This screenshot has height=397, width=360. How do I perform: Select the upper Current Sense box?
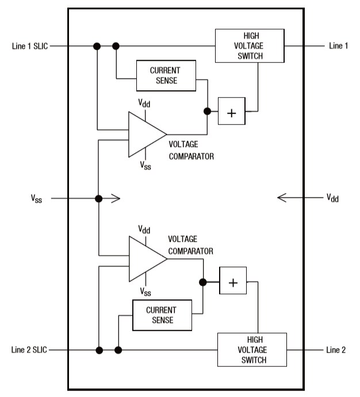166,75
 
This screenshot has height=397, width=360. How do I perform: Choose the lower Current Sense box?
161,315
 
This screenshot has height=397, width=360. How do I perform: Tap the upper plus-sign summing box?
231,113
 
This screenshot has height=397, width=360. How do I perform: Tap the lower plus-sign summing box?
233,282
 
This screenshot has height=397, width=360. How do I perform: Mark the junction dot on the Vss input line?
98,199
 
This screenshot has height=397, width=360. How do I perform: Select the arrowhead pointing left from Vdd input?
281,198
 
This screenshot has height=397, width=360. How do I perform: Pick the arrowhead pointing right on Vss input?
116,199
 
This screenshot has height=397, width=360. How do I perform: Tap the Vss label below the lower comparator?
146,292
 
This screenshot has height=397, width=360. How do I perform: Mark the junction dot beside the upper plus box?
207,113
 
